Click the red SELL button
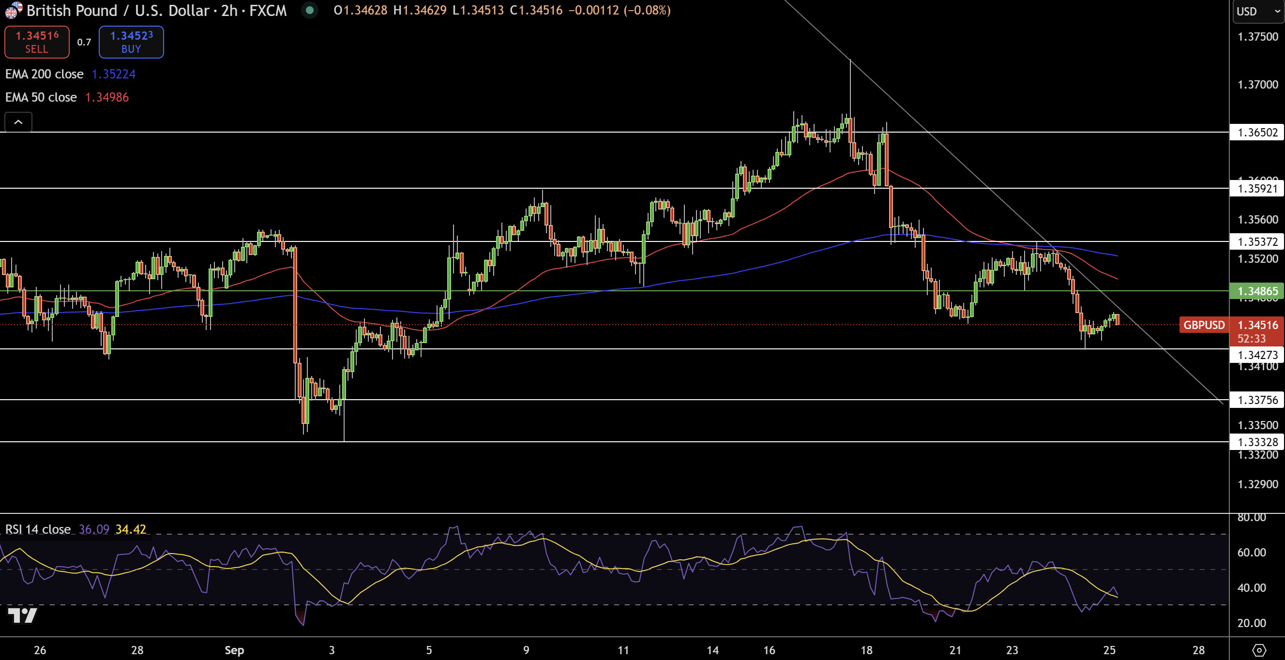pyautogui.click(x=37, y=42)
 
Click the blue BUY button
pyautogui.click(x=131, y=42)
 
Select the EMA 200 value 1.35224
pyautogui.click(x=113, y=75)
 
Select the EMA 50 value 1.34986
pyautogui.click(x=107, y=97)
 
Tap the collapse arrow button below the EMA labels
pyautogui.click(x=18, y=122)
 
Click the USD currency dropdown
pyautogui.click(x=1257, y=12)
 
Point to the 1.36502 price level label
pyautogui.click(x=1257, y=133)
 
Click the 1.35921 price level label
pyautogui.click(x=1257, y=189)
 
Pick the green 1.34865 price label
pyautogui.click(x=1257, y=291)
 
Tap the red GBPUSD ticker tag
pyautogui.click(x=1204, y=325)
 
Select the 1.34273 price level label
pyautogui.click(x=1257, y=355)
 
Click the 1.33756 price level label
pyautogui.click(x=1257, y=400)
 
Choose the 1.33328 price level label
pyautogui.click(x=1257, y=442)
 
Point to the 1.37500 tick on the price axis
pyautogui.click(x=1257, y=37)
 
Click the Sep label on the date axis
pyautogui.click(x=234, y=650)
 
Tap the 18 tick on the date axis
pyautogui.click(x=866, y=650)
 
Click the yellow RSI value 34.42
pyautogui.click(x=131, y=529)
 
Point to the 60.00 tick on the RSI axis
pyautogui.click(x=1251, y=552)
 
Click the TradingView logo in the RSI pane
pyautogui.click(x=22, y=615)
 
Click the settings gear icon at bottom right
pyautogui.click(x=1259, y=650)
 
